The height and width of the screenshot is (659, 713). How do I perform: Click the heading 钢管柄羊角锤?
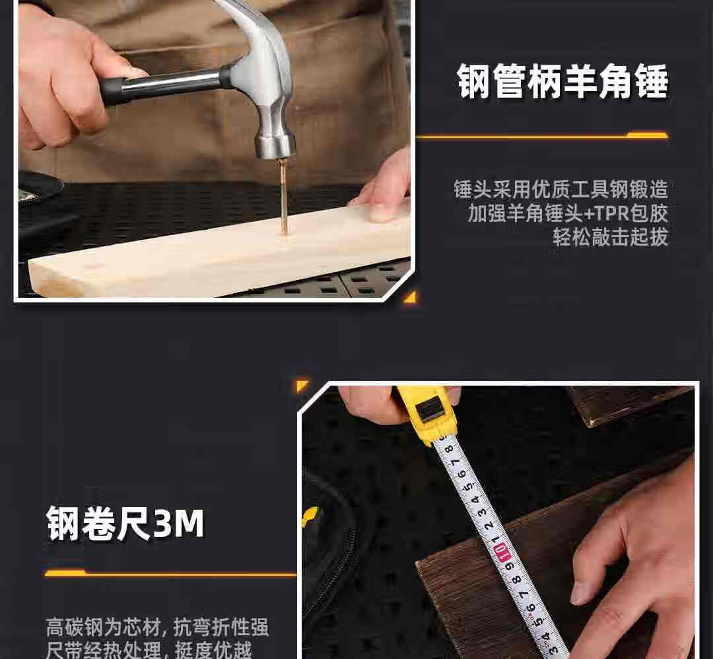coord(563,81)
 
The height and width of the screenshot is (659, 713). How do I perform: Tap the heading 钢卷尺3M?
coord(125,524)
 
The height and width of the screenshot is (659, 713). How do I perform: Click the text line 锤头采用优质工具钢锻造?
coord(561,190)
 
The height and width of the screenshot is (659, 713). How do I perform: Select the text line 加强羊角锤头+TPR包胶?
coord(568,213)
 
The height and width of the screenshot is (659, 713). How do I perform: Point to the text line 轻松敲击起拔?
coord(611,237)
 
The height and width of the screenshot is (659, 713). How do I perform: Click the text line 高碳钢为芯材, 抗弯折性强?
coord(157,627)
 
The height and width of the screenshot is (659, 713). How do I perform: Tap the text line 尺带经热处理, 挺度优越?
coord(149,650)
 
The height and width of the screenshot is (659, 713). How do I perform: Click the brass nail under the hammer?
coord(283,195)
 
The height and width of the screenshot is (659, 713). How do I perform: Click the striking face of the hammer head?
coord(275,153)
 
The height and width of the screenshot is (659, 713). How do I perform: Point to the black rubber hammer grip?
coord(114,90)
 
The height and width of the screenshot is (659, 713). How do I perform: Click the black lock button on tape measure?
coord(430,409)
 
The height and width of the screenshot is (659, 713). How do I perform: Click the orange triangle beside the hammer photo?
coord(411,297)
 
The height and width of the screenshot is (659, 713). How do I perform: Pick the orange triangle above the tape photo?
coord(302,385)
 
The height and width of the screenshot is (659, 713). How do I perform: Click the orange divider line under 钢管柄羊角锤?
coord(542,135)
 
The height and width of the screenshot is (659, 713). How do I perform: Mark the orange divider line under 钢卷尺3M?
coord(170,573)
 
